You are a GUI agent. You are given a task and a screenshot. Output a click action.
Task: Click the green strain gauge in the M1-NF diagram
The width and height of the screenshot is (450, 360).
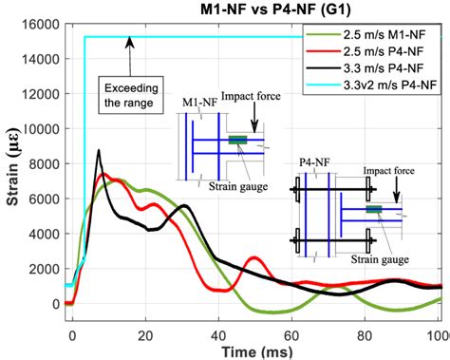[x=237, y=141]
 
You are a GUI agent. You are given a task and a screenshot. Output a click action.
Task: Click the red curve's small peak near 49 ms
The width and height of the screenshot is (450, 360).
[x=253, y=257]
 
